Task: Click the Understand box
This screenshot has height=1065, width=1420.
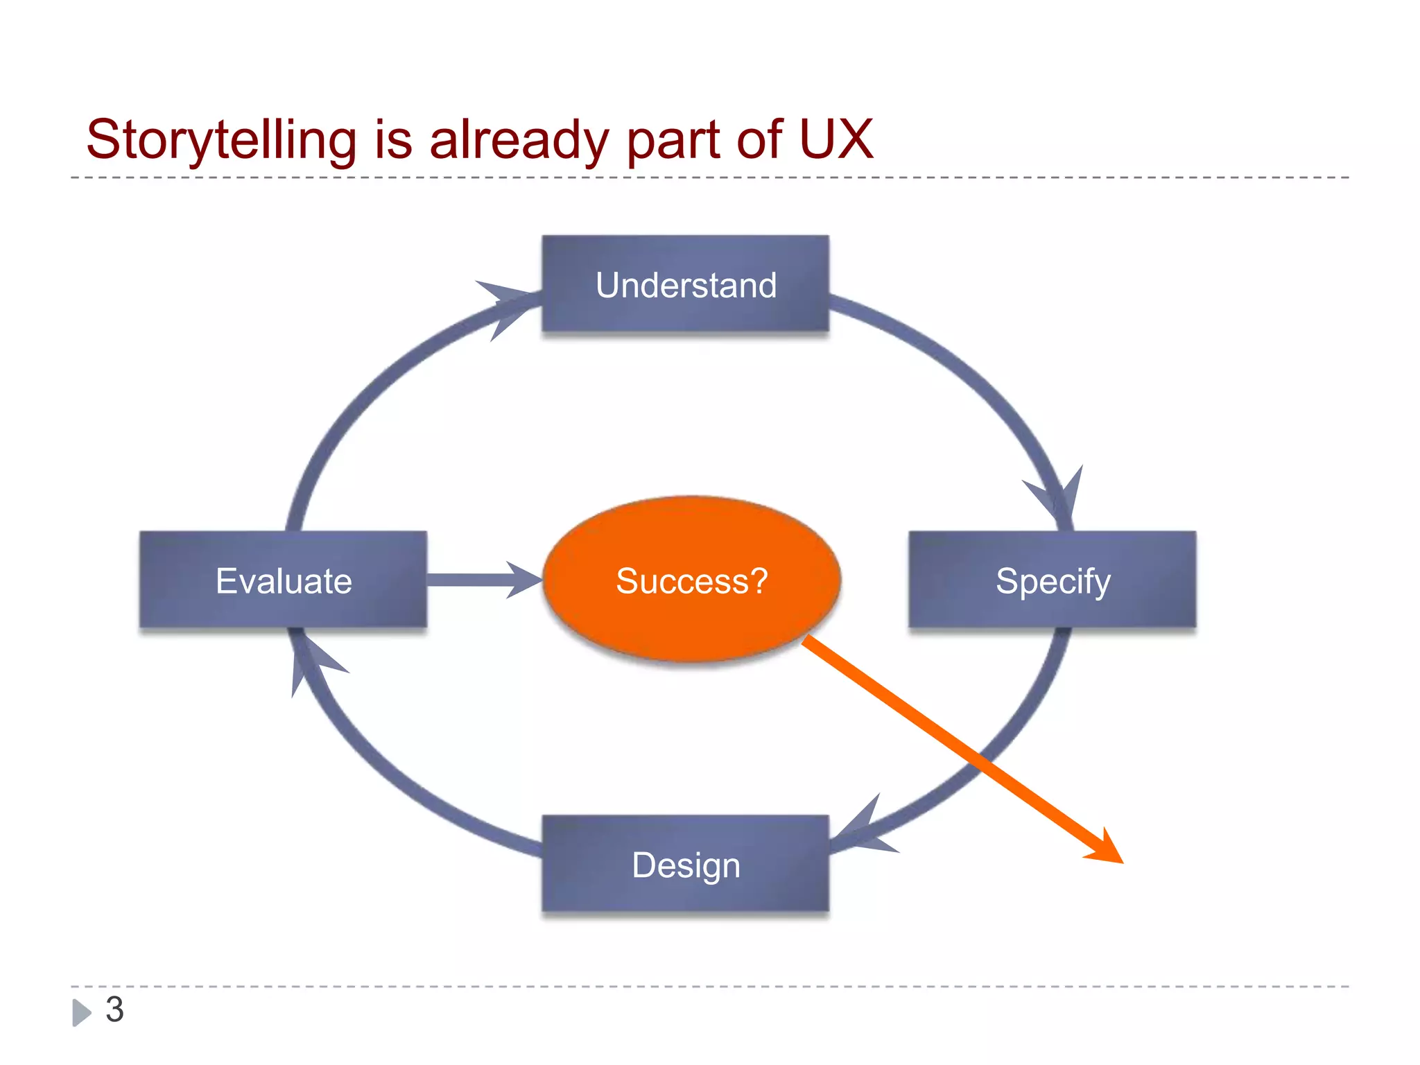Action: pyautogui.click(x=685, y=284)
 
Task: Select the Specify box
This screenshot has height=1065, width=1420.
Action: pyautogui.click(x=1053, y=580)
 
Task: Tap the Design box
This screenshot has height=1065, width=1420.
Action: pyautogui.click(x=685, y=864)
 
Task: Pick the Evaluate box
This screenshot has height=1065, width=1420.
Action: pyautogui.click(x=283, y=580)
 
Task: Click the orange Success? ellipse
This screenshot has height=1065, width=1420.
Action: pyautogui.click(x=691, y=580)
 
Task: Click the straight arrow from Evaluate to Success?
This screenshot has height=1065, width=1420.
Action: pyautogui.click(x=478, y=580)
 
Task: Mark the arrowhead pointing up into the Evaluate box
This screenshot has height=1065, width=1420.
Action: pyautogui.click(x=309, y=659)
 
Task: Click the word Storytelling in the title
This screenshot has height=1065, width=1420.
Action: pyautogui.click(x=221, y=140)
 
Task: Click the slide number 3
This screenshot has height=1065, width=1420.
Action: pyautogui.click(x=114, y=1010)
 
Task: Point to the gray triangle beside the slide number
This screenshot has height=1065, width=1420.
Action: pyautogui.click(x=81, y=1012)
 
